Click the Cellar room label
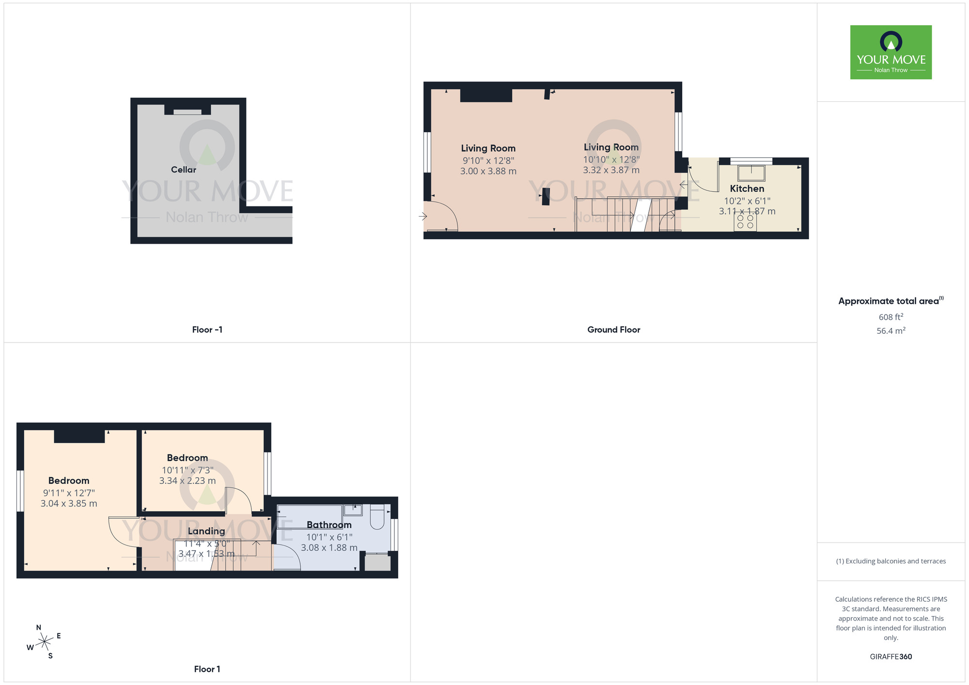coord(184,170)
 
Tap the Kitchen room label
coord(747,188)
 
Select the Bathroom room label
coord(329,525)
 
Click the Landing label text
coord(206,531)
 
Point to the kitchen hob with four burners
coord(745,222)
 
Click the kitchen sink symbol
coord(751,173)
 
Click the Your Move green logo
coord(891,52)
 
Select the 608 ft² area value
coord(891,317)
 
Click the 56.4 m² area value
coord(891,331)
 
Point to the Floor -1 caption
coord(207,329)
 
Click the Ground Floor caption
coord(613,329)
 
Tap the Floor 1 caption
coord(207,669)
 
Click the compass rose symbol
coord(45,642)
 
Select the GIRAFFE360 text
coord(891,656)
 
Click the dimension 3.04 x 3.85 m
coord(69,503)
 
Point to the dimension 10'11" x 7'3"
coord(188,470)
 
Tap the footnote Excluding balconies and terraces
coord(891,561)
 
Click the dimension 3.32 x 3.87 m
coord(611,170)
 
